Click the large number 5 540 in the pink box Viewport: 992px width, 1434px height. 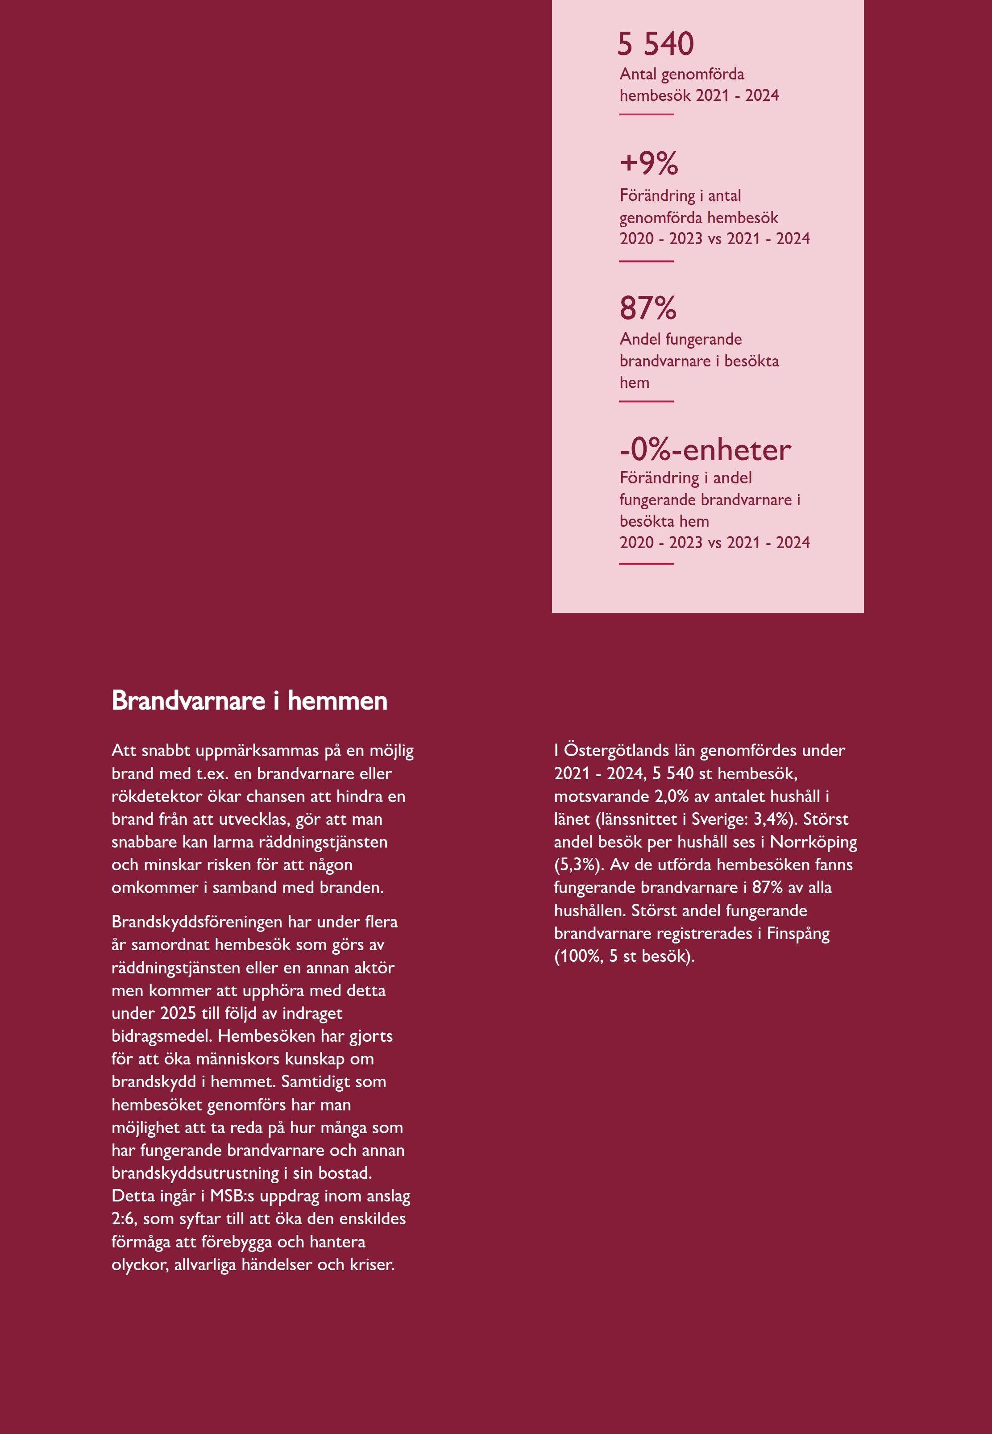[x=655, y=44]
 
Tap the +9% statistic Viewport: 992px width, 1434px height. [x=649, y=163]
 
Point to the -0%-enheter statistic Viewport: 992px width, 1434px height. [x=705, y=450]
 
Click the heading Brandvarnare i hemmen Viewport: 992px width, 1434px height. [x=249, y=701]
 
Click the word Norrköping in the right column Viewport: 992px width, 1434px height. [x=813, y=842]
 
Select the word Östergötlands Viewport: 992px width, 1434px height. [x=616, y=750]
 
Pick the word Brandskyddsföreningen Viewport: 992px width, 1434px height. [x=195, y=921]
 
